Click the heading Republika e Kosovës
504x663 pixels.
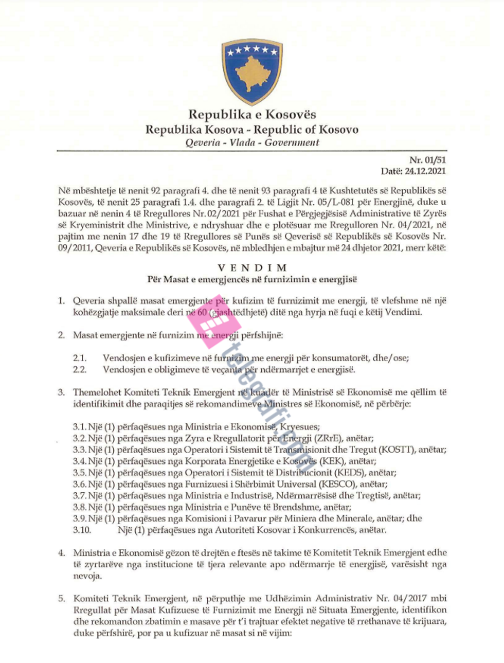[x=252, y=114]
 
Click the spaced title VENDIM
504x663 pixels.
[x=252, y=267]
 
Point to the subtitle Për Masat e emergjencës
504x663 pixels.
[x=252, y=279]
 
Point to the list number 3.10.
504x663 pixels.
[x=82, y=530]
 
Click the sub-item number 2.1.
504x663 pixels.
[x=79, y=358]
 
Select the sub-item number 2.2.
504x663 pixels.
[x=79, y=369]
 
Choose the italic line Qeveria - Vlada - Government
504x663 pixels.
[x=252, y=142]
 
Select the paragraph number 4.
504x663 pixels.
[x=62, y=553]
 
